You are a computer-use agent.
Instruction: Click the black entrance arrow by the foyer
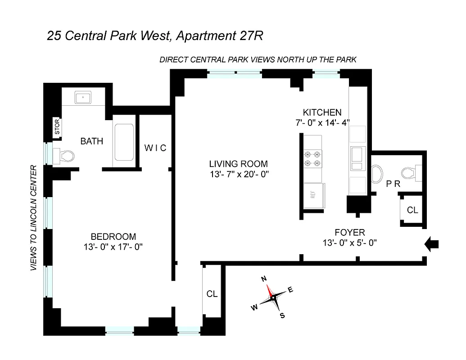click(x=432, y=244)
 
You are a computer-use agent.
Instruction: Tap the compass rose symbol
click(x=272, y=297)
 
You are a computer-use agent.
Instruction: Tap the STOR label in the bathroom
click(x=57, y=127)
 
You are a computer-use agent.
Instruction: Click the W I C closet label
click(x=155, y=148)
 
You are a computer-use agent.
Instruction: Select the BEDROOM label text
click(x=113, y=237)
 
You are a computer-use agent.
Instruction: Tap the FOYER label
click(x=349, y=233)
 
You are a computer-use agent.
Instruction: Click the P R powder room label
click(x=393, y=184)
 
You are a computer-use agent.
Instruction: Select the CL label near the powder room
click(x=412, y=210)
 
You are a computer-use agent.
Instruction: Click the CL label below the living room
click(x=212, y=294)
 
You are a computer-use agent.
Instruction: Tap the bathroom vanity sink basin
click(x=83, y=98)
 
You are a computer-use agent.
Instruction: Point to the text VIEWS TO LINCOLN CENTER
click(x=33, y=218)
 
